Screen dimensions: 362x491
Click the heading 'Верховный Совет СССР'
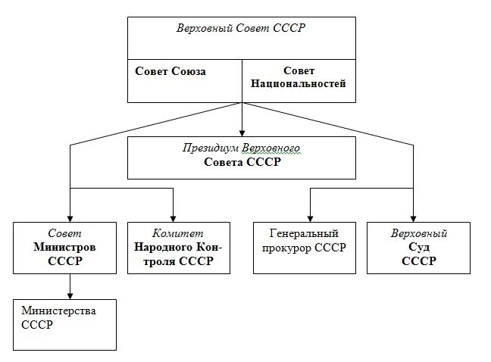point(240,28)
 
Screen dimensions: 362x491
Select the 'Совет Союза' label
point(170,71)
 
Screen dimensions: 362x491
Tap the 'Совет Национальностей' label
point(298,77)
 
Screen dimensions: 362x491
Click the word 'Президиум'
point(209,148)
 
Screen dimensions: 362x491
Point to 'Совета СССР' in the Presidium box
point(242,162)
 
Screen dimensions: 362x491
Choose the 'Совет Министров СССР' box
point(64,248)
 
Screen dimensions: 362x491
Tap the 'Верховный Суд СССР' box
point(418,248)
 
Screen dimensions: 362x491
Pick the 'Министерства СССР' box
point(64,324)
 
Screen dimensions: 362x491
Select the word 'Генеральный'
point(304,234)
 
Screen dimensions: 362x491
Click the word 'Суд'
point(419,248)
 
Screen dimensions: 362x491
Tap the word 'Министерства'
point(58,311)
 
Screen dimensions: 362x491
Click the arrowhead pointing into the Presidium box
point(242,132)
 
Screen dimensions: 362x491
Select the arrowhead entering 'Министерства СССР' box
point(70,295)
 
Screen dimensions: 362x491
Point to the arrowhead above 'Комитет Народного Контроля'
point(174,217)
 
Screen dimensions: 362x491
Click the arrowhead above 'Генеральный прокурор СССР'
point(310,217)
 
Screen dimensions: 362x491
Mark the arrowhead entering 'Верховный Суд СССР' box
point(413,217)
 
